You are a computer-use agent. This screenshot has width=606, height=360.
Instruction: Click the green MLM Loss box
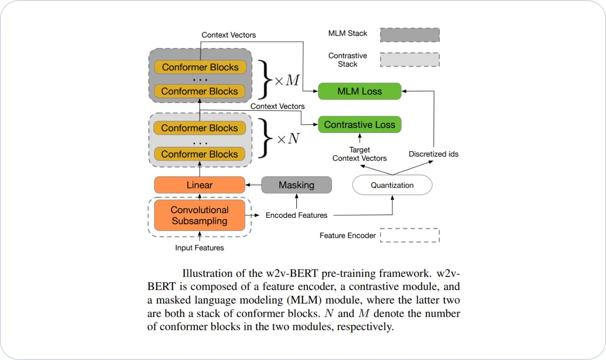pyautogui.click(x=359, y=91)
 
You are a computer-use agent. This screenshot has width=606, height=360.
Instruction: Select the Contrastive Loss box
pyautogui.click(x=359, y=125)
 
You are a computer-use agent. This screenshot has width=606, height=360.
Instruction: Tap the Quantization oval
pyautogui.click(x=392, y=185)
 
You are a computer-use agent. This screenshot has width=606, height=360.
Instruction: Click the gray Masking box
pyautogui.click(x=296, y=185)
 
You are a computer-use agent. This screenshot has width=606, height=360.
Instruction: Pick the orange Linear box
pyautogui.click(x=200, y=185)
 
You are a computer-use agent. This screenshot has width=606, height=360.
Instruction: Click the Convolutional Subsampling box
pyautogui.click(x=200, y=215)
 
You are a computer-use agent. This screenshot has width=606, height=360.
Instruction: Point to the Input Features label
pyautogui.click(x=200, y=248)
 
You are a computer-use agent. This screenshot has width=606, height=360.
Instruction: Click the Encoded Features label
pyautogui.click(x=296, y=215)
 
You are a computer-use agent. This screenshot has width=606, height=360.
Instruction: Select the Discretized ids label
pyautogui.click(x=434, y=154)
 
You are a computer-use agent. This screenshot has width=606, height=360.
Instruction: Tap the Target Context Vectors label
pyautogui.click(x=359, y=154)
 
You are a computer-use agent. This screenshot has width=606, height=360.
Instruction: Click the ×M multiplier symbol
pyautogui.click(x=287, y=81)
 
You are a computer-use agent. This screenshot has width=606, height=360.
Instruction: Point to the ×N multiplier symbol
pyautogui.click(x=288, y=139)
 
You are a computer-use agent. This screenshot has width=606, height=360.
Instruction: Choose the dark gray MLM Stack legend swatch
pyautogui.click(x=409, y=35)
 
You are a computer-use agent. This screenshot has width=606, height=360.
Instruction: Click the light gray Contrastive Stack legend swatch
pyautogui.click(x=409, y=59)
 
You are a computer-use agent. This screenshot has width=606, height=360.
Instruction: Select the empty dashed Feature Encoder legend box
pyautogui.click(x=409, y=235)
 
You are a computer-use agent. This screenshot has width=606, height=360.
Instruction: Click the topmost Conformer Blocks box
pyautogui.click(x=200, y=67)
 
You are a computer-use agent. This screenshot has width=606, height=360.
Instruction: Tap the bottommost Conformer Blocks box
pyautogui.click(x=200, y=154)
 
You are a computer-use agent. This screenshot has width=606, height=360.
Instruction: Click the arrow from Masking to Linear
pyautogui.click(x=253, y=185)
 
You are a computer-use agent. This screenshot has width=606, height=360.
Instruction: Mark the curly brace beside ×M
pyautogui.click(x=264, y=80)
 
